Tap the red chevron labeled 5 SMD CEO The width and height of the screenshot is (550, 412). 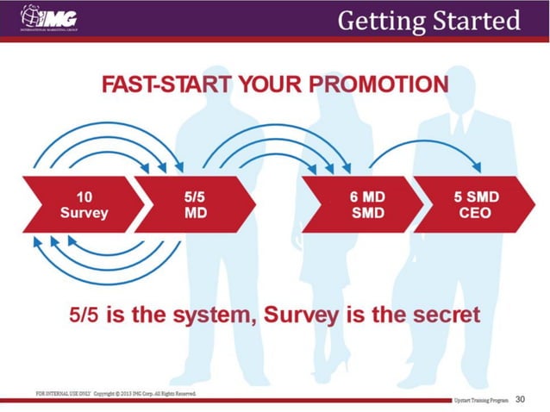point(478,204)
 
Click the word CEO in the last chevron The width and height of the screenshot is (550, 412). point(477,212)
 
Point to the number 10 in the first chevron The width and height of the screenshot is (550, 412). point(84,197)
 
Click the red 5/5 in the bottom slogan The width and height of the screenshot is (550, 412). point(85,314)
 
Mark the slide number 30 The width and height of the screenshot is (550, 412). point(520,400)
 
